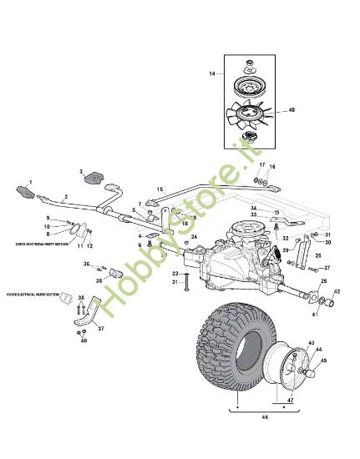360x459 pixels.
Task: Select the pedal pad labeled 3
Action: tap(92, 178)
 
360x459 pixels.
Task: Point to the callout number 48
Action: tap(292, 110)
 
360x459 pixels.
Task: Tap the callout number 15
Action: tap(160, 189)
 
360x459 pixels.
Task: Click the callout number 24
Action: tap(193, 238)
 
